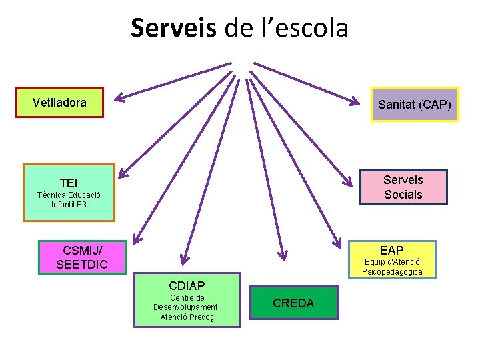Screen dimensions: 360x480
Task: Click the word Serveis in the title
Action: (173, 28)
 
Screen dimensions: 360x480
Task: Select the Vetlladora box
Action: (59, 103)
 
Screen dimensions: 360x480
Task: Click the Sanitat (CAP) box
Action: (415, 105)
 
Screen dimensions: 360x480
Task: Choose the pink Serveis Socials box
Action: (403, 187)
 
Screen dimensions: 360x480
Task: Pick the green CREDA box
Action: (293, 303)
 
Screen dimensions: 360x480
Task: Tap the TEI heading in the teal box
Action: (69, 183)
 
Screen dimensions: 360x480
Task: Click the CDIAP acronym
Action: (187, 285)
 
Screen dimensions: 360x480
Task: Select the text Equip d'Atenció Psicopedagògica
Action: (392, 267)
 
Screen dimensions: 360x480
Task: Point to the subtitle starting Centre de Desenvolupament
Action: (187, 307)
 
